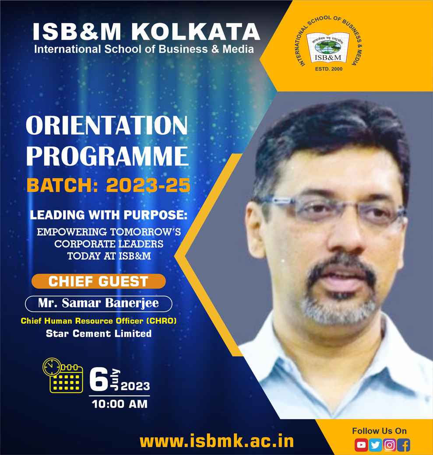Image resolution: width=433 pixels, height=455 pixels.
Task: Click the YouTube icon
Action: point(361,445)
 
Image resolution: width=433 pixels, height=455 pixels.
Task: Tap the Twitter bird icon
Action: point(375,445)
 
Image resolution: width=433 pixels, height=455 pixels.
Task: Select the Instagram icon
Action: point(389,445)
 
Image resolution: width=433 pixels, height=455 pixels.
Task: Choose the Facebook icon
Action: point(404,445)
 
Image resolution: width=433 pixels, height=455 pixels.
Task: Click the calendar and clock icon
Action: point(63,375)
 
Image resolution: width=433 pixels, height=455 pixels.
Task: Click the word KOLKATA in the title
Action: point(195,32)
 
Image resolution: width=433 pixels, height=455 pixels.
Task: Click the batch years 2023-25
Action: point(148,185)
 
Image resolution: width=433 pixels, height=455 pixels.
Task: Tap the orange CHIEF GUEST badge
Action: point(99,281)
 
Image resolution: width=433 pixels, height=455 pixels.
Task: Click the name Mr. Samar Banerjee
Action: point(99,303)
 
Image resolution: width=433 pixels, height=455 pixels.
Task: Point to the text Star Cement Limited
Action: point(99,333)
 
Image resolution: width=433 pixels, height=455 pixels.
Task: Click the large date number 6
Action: point(98,379)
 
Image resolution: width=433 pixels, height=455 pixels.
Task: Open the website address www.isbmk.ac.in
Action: point(217,441)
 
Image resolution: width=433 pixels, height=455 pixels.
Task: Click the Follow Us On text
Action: point(379,431)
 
